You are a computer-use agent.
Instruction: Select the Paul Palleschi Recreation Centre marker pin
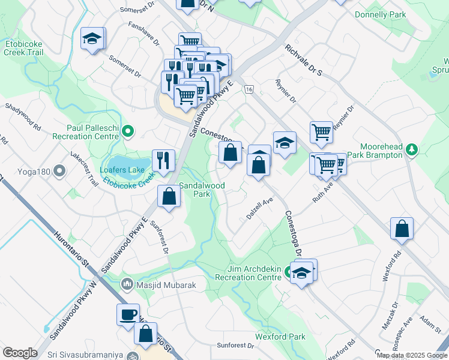(x=127, y=130)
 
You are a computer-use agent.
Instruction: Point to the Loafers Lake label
(x=122, y=170)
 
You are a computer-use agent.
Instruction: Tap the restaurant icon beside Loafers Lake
(x=163, y=160)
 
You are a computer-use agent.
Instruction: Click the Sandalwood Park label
(x=202, y=190)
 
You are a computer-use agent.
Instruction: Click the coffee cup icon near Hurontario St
(x=128, y=314)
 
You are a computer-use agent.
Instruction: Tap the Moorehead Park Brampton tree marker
(x=411, y=149)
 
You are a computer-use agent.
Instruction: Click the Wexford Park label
(x=280, y=337)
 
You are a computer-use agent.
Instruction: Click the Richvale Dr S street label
(x=304, y=60)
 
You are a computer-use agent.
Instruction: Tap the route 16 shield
(x=249, y=89)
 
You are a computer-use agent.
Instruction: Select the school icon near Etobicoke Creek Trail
(x=92, y=39)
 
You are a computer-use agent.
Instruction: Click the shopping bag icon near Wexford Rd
(x=402, y=229)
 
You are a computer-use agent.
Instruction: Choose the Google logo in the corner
(x=20, y=353)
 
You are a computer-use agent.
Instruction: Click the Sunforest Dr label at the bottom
(x=235, y=345)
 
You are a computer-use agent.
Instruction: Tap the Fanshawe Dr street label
(x=144, y=34)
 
